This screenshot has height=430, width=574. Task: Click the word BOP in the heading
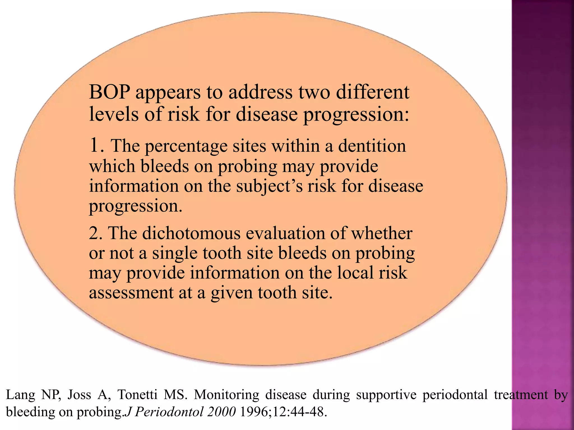(x=109, y=92)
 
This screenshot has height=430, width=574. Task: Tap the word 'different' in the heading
(x=372, y=92)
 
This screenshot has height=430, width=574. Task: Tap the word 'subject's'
(x=269, y=186)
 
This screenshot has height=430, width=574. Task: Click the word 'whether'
(x=382, y=233)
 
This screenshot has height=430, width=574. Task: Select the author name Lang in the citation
(x=20, y=395)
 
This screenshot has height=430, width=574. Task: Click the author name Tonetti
(x=137, y=395)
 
